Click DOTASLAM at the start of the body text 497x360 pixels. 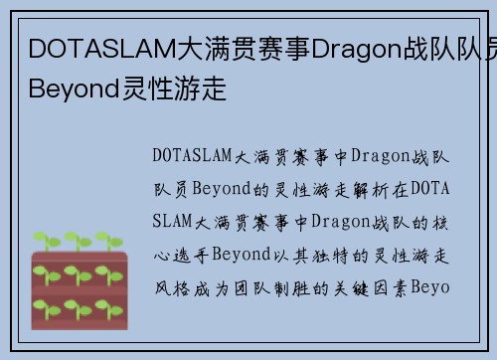pyautogui.click(x=194, y=156)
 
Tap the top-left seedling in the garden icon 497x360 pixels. pyautogui.click(x=46, y=242)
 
